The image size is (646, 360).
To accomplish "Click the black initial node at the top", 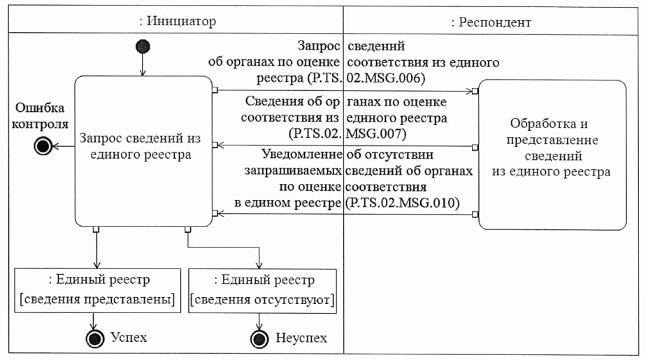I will pyautogui.click(x=143, y=47).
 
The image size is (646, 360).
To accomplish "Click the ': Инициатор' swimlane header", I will pyautogui.click(x=176, y=21).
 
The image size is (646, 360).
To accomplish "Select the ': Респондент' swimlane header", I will pyautogui.click(x=491, y=22).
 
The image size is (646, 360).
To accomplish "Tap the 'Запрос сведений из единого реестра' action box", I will pyautogui.click(x=143, y=147).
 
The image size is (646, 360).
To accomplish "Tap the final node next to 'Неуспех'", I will pyautogui.click(x=259, y=338).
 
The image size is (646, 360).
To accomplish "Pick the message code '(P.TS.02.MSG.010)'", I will pyautogui.click(x=401, y=203).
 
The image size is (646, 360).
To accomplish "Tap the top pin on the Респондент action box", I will pyautogui.click(x=475, y=92).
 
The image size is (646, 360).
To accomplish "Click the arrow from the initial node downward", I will pyautogui.click(x=143, y=65).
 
